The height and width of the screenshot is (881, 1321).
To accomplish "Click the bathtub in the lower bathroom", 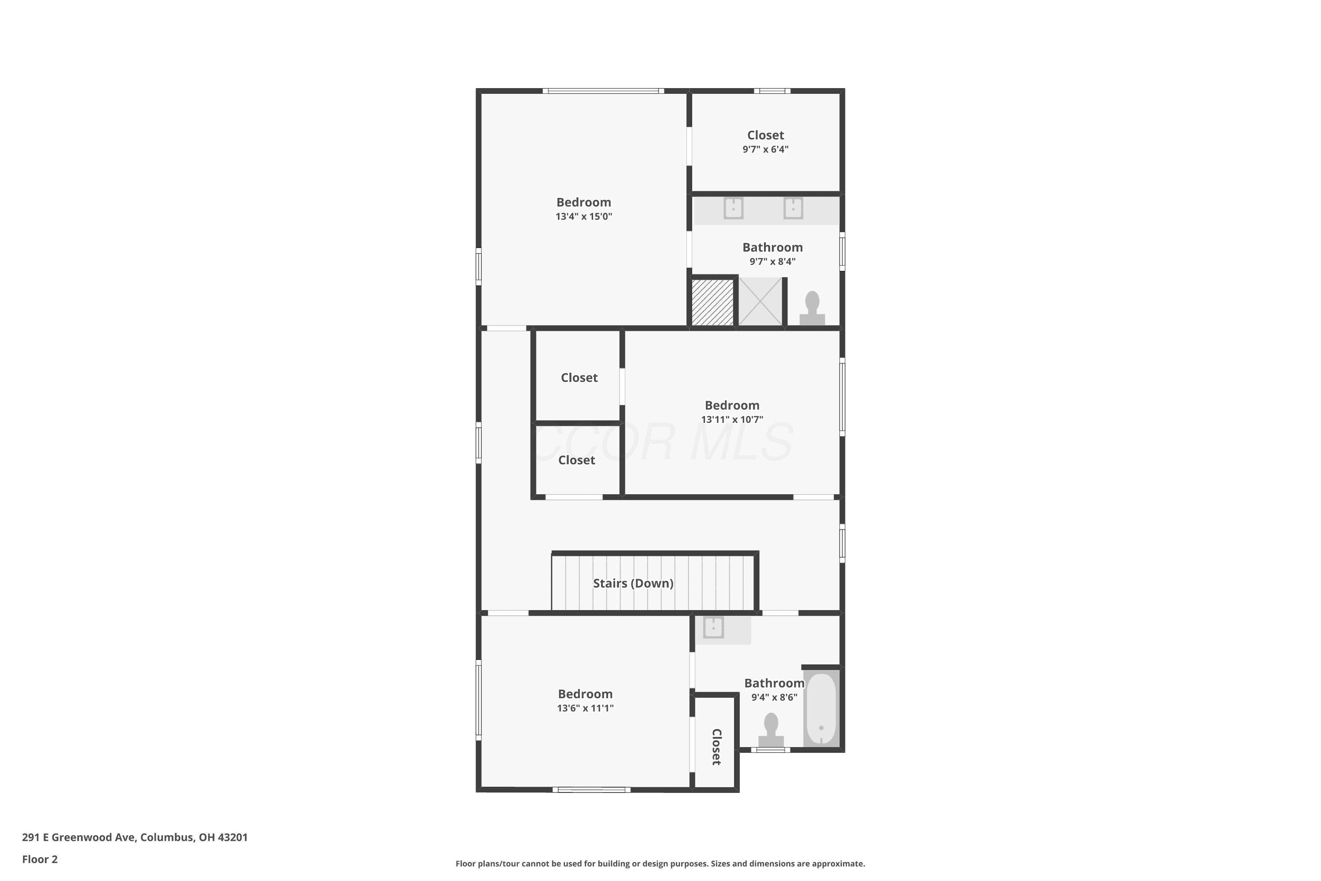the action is click(821, 710).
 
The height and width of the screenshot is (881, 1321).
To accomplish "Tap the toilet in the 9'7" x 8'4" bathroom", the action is click(812, 308).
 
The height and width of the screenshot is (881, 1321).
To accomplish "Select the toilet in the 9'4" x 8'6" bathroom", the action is click(771, 730).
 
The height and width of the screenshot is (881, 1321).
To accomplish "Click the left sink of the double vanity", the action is click(734, 208).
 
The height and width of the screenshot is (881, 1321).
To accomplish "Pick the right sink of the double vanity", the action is click(793, 208).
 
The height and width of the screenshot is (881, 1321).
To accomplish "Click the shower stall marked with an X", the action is click(760, 301).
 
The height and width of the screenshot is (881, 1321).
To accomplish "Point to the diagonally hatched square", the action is click(712, 302).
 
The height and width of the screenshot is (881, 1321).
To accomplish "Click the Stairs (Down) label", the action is click(633, 583).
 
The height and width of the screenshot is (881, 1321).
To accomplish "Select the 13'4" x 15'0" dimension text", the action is click(583, 216).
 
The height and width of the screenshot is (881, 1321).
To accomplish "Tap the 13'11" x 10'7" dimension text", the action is click(732, 419).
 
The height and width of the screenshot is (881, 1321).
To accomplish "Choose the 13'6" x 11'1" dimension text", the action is click(585, 708).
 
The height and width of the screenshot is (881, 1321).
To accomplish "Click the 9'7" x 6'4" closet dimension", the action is click(766, 149).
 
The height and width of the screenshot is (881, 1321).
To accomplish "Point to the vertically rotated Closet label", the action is click(717, 747).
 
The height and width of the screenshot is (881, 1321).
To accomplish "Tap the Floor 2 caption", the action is click(40, 859).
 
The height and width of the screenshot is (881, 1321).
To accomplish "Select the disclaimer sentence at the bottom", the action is click(660, 863).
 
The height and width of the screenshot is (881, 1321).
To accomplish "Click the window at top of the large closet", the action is click(772, 90).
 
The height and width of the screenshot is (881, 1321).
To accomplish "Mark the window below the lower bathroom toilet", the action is click(771, 750).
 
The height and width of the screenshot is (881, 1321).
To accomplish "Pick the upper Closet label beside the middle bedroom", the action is click(579, 378).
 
